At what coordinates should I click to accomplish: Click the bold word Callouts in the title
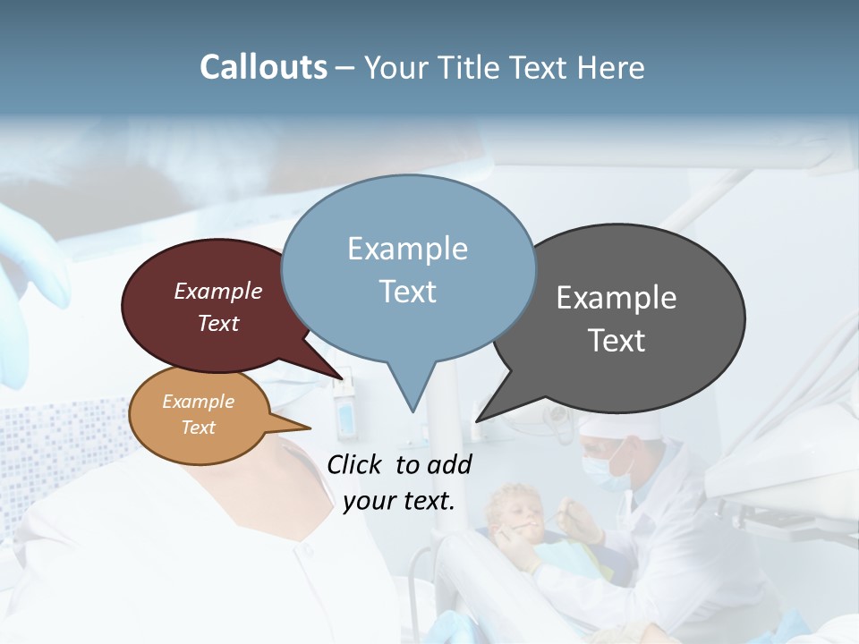click(263, 67)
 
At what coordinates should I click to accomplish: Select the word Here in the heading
click(611, 67)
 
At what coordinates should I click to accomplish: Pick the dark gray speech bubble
click(626, 318)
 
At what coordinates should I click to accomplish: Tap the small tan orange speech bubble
click(199, 414)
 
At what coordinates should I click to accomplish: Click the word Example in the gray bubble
click(617, 298)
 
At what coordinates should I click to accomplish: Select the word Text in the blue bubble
click(408, 292)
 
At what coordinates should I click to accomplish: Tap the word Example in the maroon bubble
click(218, 291)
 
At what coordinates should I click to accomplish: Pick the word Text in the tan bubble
click(199, 428)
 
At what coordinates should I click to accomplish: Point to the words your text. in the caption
click(399, 501)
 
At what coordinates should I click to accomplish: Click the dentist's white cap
click(604, 427)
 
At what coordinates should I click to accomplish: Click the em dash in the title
click(345, 68)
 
